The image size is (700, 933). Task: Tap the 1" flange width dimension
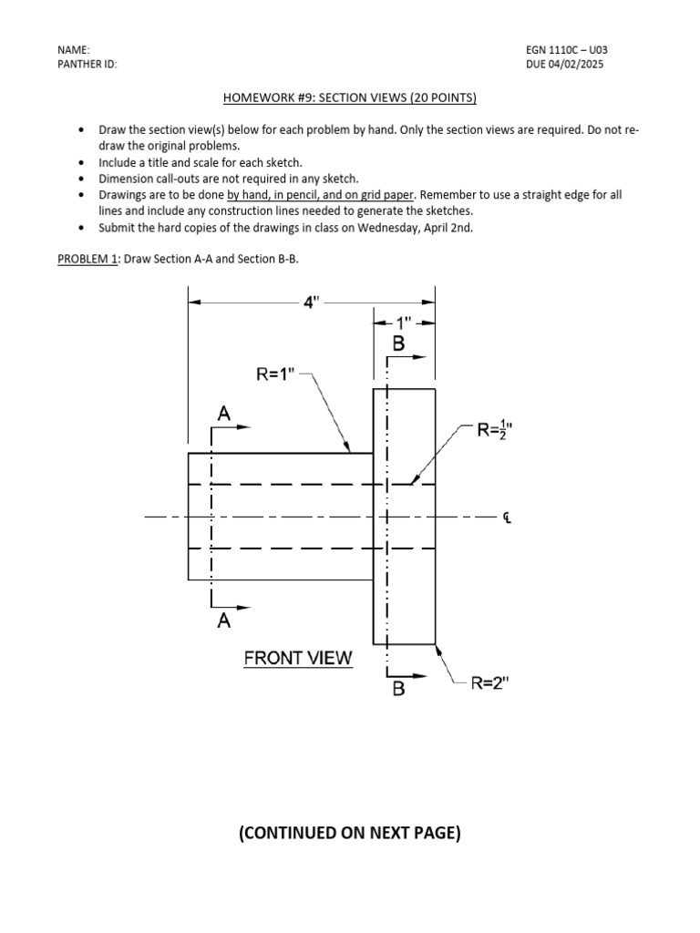point(404,323)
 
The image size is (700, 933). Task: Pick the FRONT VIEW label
point(297,658)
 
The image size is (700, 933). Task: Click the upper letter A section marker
point(224,414)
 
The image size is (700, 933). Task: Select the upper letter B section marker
point(398,344)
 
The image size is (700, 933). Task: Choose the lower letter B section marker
point(398,690)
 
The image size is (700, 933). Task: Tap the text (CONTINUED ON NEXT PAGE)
point(350,833)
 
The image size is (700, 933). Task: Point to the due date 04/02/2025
point(580,65)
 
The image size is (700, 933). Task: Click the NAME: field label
point(74,49)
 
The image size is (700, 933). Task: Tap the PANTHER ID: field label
point(87,65)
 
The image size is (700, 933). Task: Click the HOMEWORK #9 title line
point(350,97)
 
